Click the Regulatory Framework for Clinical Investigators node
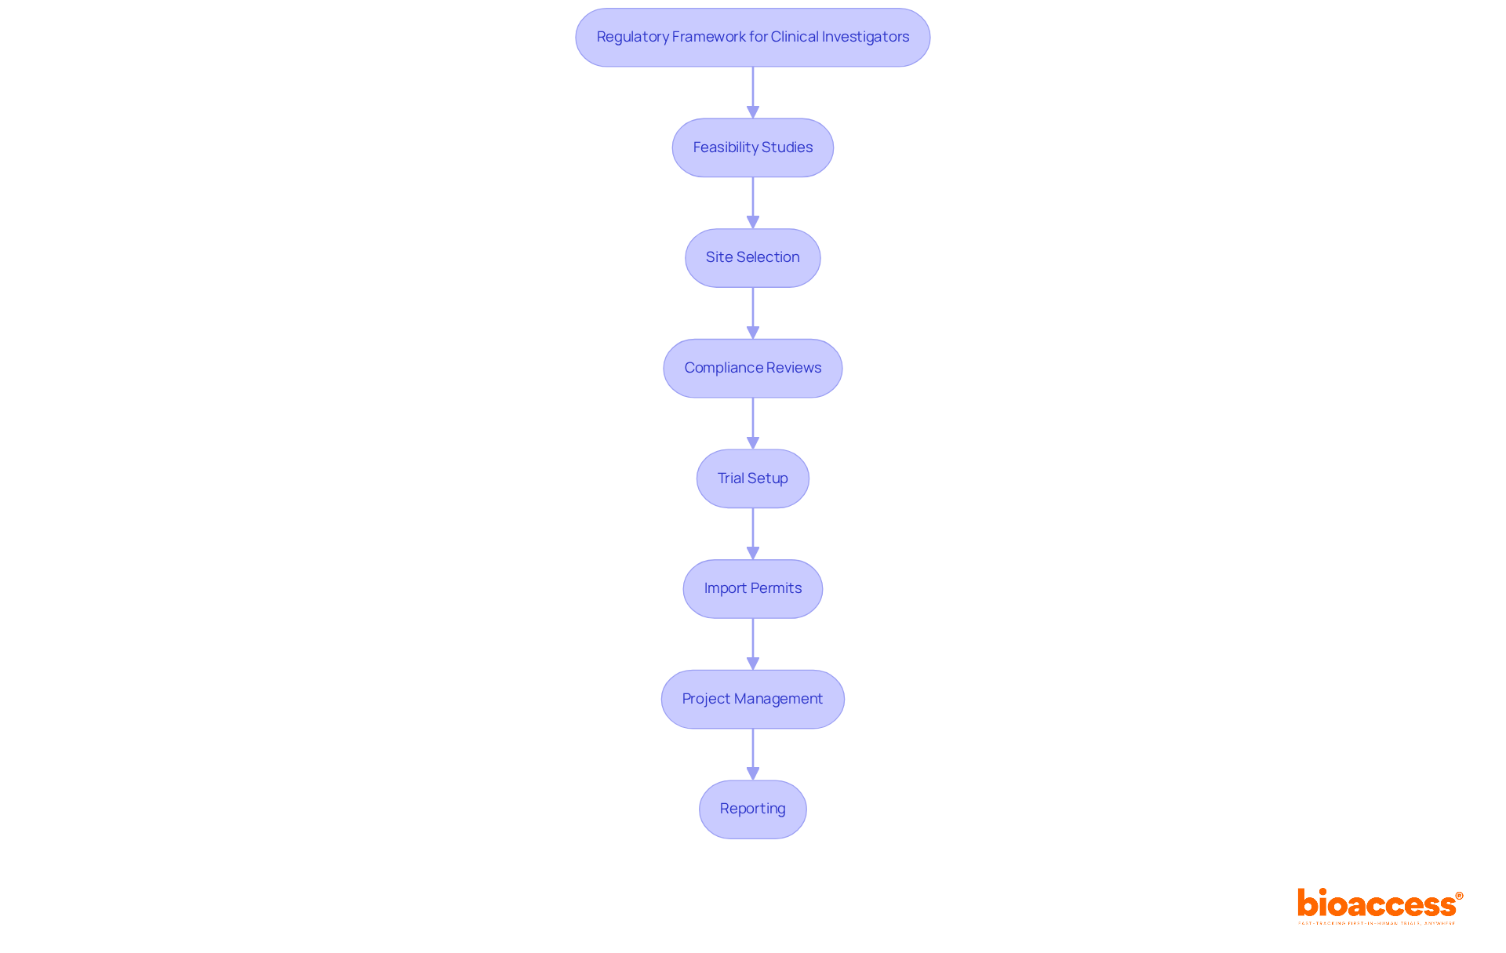click(x=752, y=38)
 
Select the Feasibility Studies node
click(x=752, y=147)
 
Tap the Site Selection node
click(x=752, y=258)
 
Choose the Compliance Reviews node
click(x=752, y=368)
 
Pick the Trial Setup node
click(x=752, y=478)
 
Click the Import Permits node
click(x=752, y=588)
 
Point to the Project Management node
click(x=752, y=699)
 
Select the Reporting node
click(x=752, y=809)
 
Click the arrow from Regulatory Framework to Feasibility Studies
click(x=753, y=93)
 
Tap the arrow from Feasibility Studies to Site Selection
click(x=753, y=202)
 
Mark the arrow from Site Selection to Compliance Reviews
click(x=753, y=313)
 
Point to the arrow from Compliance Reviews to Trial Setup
click(x=753, y=423)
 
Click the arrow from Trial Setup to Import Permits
click(x=753, y=533)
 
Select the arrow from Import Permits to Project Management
click(x=753, y=643)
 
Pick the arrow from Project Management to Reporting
click(x=753, y=754)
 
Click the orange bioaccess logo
click(x=1379, y=905)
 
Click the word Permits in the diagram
click(x=776, y=588)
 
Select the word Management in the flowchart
click(x=778, y=699)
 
